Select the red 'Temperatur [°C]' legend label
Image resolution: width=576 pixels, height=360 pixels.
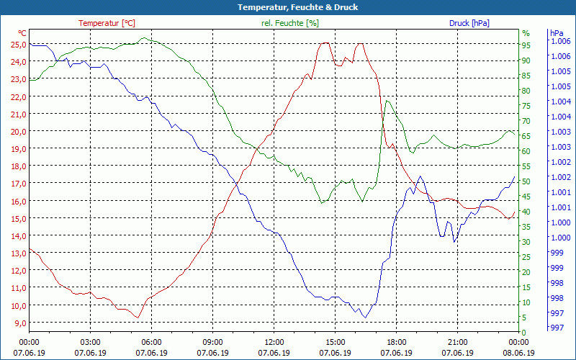(107, 23)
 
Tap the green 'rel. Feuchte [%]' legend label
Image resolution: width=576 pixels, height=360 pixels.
(289, 23)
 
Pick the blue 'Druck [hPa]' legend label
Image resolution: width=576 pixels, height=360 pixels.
(469, 23)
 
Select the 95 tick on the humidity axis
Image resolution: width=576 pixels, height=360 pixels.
(526, 45)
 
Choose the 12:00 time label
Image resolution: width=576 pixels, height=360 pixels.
(274, 342)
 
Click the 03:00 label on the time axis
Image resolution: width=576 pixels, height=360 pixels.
(90, 342)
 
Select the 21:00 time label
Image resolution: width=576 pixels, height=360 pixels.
(458, 342)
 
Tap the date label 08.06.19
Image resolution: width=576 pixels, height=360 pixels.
(518, 353)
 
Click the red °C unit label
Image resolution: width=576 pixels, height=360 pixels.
(22, 33)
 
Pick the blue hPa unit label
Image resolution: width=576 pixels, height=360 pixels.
(557, 33)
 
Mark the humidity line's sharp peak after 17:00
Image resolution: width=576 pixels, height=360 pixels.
(387, 101)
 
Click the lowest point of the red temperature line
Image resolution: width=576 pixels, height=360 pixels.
(137, 317)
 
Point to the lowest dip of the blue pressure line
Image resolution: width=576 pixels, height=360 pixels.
(365, 318)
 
